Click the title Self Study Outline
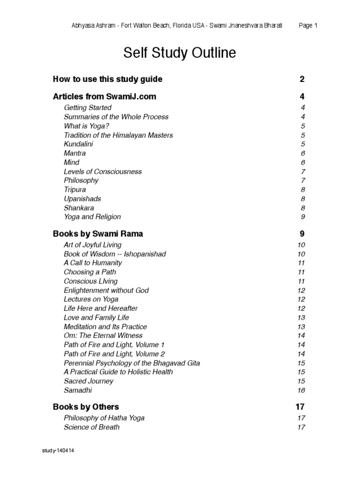[x=180, y=53]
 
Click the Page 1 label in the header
[x=308, y=26]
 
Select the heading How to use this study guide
[x=107, y=79]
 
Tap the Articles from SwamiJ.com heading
[x=105, y=97]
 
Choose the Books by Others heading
[x=86, y=406]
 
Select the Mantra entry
[x=75, y=153]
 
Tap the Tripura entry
[x=75, y=189]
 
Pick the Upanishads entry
[x=82, y=199]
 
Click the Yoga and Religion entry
[x=92, y=217]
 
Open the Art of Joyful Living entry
[x=92, y=245]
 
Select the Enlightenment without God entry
[x=106, y=290]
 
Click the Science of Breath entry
[x=91, y=427]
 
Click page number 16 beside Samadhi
[x=301, y=390]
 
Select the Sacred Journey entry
[x=89, y=381]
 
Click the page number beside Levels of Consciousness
[x=303, y=172]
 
